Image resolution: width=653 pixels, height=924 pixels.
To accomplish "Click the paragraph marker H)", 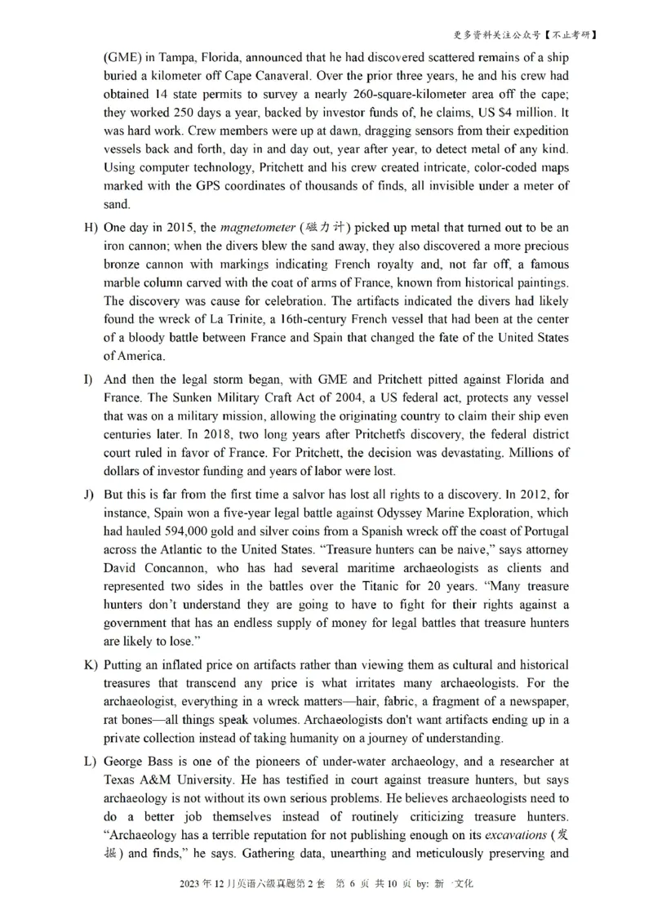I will [91, 227].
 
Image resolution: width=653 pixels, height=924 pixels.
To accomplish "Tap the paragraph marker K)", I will [91, 665].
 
